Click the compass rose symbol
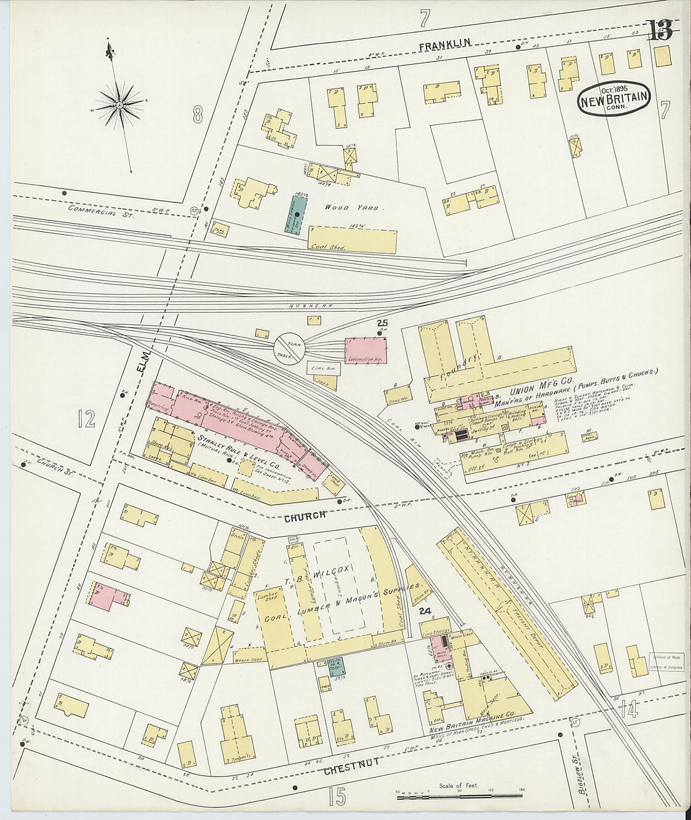point(119,105)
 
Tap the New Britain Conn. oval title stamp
point(614,99)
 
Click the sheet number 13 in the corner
point(660,30)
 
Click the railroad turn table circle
point(289,347)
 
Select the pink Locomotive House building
point(366,349)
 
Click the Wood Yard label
point(352,207)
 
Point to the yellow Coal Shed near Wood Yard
point(353,240)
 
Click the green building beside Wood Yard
point(297,215)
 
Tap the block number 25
point(382,324)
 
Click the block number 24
point(425,610)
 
